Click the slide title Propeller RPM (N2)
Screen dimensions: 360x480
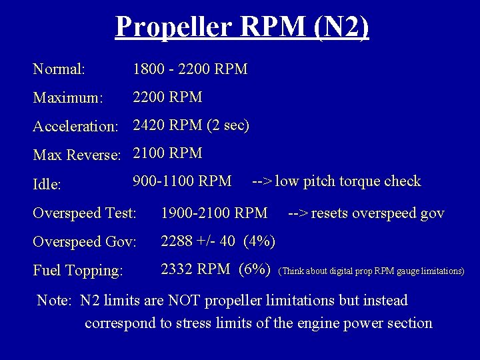(242, 27)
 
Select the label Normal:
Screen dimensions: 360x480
(59, 69)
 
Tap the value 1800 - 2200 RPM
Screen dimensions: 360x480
(190, 69)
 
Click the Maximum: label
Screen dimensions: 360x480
(68, 98)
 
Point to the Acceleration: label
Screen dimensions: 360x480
(75, 126)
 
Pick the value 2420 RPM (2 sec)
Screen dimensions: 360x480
(191, 125)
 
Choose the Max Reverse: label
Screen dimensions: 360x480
(77, 155)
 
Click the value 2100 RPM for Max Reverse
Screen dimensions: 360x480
(167, 153)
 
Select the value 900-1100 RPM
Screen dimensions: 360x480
(182, 181)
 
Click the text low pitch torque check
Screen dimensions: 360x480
(347, 181)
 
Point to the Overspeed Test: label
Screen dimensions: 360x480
(85, 213)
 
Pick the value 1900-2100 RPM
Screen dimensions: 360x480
(214, 213)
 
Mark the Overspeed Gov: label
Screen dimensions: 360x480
(85, 242)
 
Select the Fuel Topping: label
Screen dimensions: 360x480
(78, 271)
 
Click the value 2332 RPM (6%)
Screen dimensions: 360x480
(215, 269)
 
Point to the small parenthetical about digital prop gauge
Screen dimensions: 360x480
(371, 271)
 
